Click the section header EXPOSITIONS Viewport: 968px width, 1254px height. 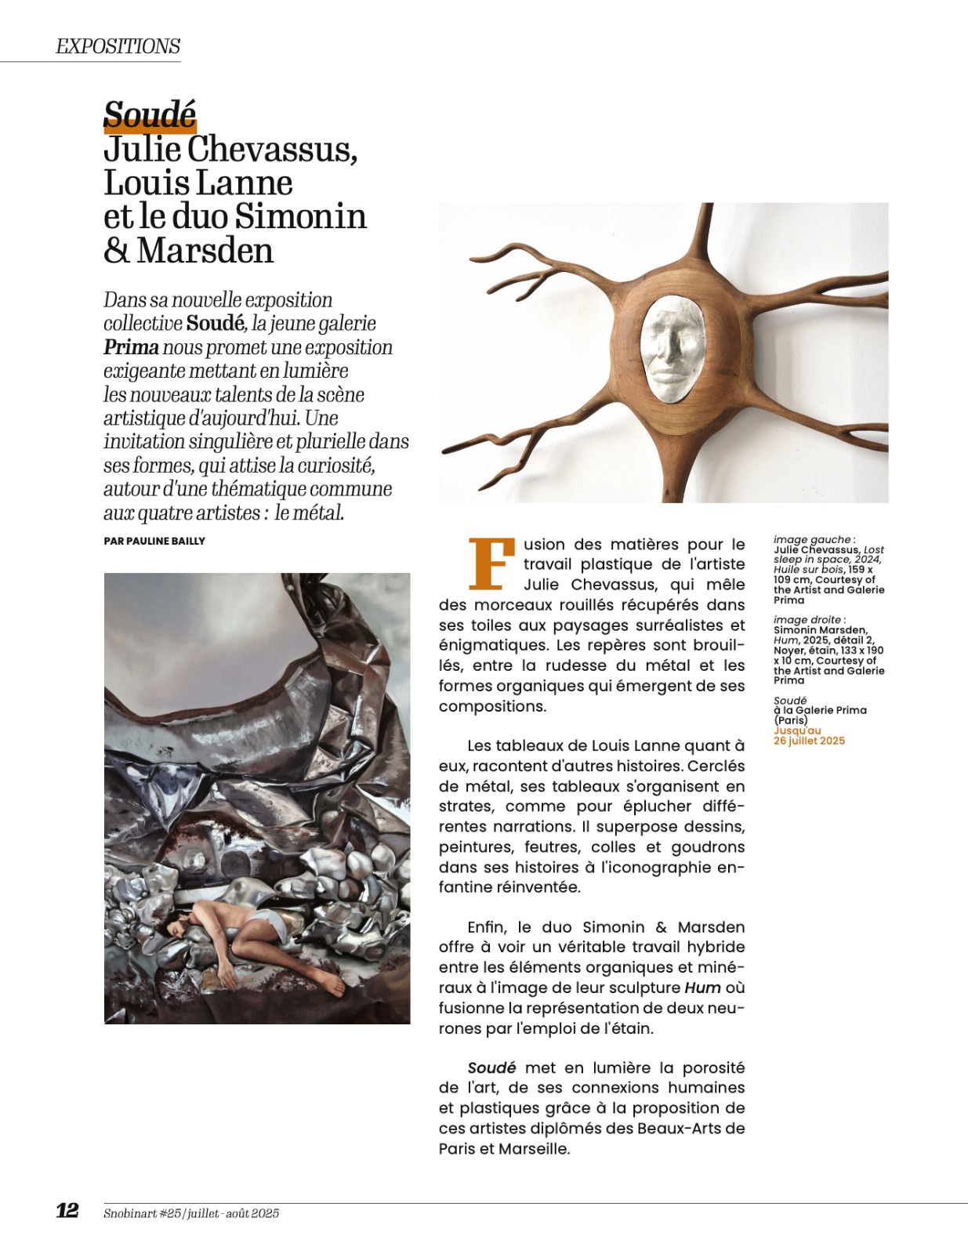coord(118,46)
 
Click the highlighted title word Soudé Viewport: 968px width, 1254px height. coord(150,115)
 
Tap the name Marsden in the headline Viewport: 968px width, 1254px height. coord(205,251)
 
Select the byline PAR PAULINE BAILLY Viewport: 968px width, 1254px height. coord(154,541)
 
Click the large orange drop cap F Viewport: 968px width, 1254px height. coord(491,563)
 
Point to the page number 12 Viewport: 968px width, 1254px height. coord(67,1210)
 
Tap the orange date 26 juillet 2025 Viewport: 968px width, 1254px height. coord(809,741)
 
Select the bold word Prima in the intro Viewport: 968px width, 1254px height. coord(131,347)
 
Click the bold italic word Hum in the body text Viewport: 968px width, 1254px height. coord(702,988)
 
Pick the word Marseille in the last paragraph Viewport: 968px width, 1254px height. coord(533,1149)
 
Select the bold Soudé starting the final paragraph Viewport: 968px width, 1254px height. coord(491,1067)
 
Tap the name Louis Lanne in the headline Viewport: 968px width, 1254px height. coord(198,183)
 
